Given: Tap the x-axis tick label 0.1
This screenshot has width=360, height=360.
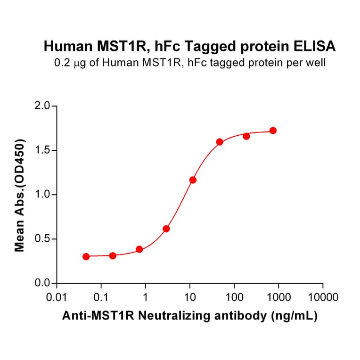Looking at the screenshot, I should (101, 298).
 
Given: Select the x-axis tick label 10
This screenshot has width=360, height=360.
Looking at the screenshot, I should (189, 298).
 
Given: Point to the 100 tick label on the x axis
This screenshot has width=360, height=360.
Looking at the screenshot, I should (234, 298).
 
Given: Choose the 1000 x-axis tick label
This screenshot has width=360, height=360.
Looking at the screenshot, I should (278, 298).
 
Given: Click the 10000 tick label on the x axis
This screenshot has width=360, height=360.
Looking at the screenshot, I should (322, 298).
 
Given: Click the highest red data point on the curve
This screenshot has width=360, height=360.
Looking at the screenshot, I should (273, 131).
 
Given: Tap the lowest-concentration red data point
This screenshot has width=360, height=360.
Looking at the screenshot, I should (86, 256).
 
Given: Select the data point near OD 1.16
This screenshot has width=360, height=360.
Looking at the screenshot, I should (193, 180).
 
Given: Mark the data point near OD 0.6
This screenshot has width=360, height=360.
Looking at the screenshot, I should (166, 229).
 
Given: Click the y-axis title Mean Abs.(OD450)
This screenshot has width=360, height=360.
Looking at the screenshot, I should (20, 195).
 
